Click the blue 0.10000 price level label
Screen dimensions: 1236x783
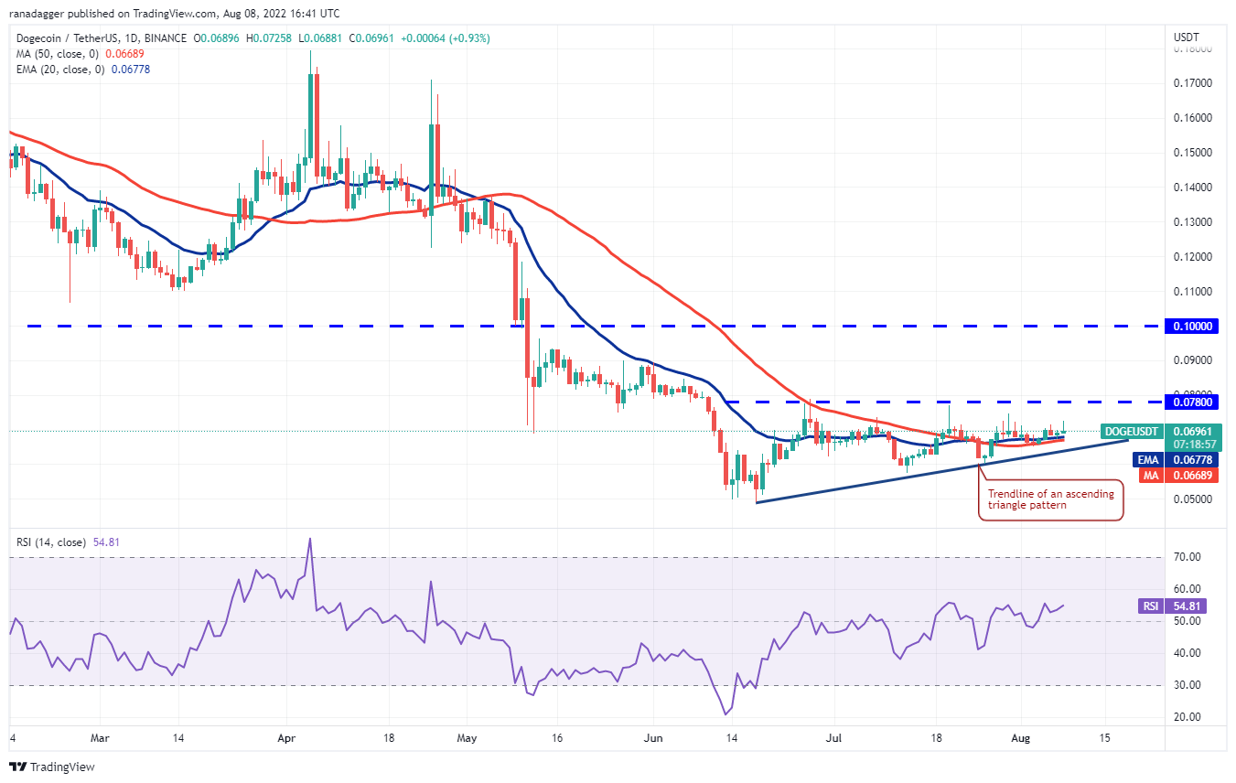(x=1191, y=327)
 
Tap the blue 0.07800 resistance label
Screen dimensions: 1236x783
(x=1191, y=402)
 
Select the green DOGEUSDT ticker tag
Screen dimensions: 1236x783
(x=1131, y=432)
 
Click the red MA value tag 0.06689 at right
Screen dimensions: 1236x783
(x=1191, y=475)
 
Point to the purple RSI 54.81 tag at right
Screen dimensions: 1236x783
(x=1186, y=606)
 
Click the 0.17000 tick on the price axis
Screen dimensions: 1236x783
(x=1192, y=83)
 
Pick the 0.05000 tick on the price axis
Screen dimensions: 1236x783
(x=1192, y=499)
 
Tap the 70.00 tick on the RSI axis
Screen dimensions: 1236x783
(x=1187, y=557)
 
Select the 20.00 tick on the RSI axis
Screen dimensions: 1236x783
(x=1187, y=717)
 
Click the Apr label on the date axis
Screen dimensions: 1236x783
(x=286, y=738)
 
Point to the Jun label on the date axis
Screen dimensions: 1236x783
(x=652, y=738)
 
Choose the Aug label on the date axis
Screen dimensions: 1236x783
(x=1020, y=738)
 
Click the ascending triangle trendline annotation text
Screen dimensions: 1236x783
(x=1050, y=499)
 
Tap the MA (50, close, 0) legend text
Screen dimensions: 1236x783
(x=58, y=54)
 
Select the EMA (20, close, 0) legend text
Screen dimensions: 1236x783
(x=60, y=70)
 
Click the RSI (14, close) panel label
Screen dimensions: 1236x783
(x=50, y=542)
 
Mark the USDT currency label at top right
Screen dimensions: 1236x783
(x=1186, y=38)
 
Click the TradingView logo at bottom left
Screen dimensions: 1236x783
(x=52, y=767)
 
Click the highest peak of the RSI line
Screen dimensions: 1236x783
(x=310, y=539)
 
